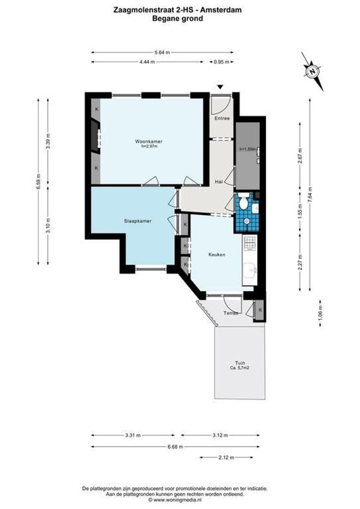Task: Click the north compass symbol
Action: pos(312,72)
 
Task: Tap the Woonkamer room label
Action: pos(148,141)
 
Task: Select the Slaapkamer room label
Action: pos(138,221)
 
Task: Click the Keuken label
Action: pos(217,254)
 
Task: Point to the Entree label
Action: pos(222,118)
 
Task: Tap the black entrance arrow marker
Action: pos(220,87)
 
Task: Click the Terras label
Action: pos(230,312)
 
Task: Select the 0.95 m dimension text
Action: pos(221,62)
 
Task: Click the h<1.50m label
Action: pos(247,149)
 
